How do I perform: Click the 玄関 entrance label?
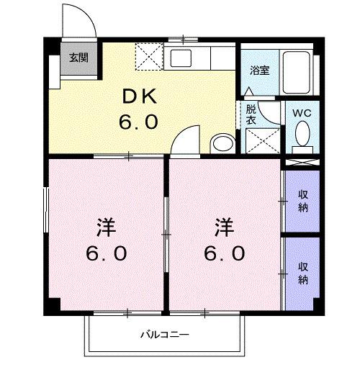(x=78, y=58)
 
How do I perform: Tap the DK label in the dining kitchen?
(x=140, y=96)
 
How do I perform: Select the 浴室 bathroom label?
(x=259, y=71)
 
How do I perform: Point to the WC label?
(x=302, y=113)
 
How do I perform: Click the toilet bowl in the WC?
(x=302, y=133)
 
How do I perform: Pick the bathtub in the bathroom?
(x=297, y=72)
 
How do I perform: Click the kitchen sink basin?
(x=181, y=58)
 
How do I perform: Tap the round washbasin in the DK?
(x=223, y=143)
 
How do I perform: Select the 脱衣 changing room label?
(x=251, y=114)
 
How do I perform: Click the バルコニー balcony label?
(x=165, y=335)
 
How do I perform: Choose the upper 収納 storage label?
(x=303, y=201)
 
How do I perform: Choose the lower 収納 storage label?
(x=303, y=274)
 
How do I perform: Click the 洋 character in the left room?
(x=107, y=227)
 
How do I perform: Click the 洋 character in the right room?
(x=225, y=227)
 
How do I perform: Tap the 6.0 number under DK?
(x=138, y=122)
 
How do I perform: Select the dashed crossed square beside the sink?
(x=149, y=57)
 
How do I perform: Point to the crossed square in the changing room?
(x=263, y=141)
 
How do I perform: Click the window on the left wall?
(x=46, y=210)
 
